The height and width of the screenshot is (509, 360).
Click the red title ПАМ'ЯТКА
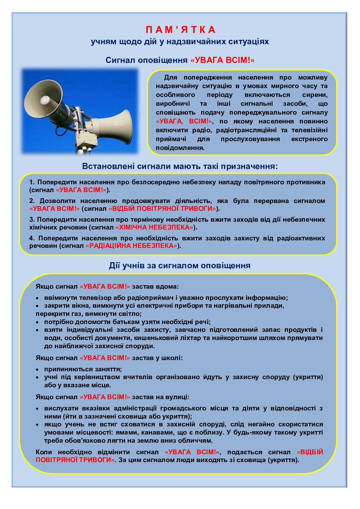[x=180, y=30]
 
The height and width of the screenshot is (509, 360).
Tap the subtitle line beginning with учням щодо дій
[x=180, y=42]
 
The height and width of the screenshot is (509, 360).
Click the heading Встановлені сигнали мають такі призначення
[x=180, y=166]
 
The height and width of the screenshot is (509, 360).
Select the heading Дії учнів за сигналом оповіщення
[x=180, y=266]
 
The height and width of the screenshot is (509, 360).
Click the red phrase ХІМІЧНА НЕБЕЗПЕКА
[x=154, y=227]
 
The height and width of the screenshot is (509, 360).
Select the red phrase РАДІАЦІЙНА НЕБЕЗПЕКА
[x=131, y=246]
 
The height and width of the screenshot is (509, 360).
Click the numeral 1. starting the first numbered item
[x=32, y=182]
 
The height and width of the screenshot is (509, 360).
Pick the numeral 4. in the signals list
[x=32, y=238]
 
